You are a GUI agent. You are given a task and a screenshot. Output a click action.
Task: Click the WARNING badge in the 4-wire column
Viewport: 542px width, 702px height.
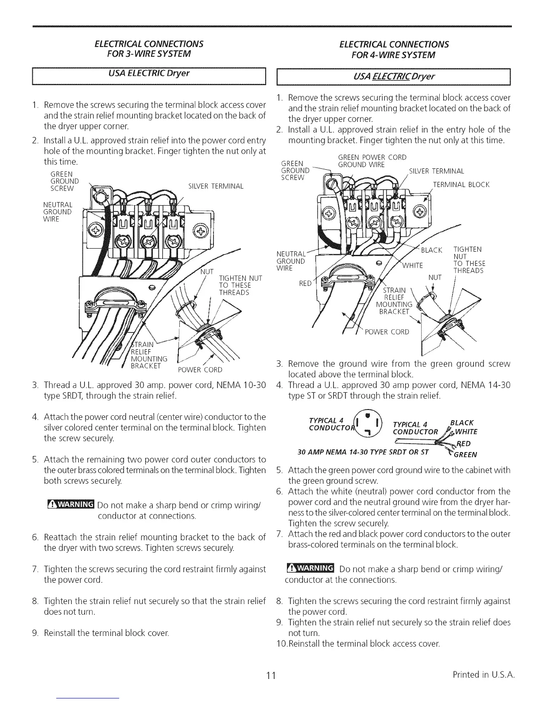pos(310,569)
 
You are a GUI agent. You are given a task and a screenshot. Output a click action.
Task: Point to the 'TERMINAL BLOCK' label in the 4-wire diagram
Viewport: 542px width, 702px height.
pos(461,184)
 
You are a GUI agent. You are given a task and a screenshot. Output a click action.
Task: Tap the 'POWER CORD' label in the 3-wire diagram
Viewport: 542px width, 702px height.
pos(200,370)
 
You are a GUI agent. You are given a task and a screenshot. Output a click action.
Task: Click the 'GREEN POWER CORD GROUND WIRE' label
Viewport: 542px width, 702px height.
pos(372,161)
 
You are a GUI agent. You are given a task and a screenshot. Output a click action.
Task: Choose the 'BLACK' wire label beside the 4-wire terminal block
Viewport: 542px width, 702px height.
pos(431,250)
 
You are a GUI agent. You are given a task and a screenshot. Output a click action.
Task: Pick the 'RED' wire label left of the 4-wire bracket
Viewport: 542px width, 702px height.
pos(306,283)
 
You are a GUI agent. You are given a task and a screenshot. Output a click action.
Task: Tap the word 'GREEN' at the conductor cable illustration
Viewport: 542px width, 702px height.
pos(465,454)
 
